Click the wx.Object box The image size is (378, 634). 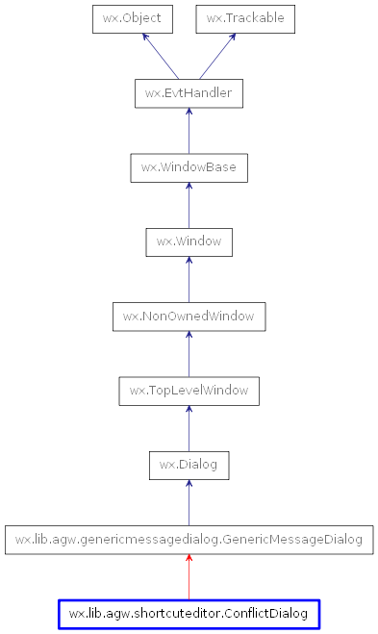pyautogui.click(x=133, y=18)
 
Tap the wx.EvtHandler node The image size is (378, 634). pyautogui.click(x=189, y=93)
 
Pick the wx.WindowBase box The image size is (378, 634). pyautogui.click(x=189, y=167)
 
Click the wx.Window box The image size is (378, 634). pyautogui.click(x=189, y=241)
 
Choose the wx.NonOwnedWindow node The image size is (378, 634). pyautogui.click(x=189, y=316)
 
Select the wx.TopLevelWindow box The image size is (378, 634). pyautogui.click(x=189, y=391)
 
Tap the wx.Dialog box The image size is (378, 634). pyautogui.click(x=189, y=465)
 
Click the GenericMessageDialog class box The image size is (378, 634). pyautogui.click(x=189, y=540)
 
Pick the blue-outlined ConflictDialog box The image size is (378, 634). pyautogui.click(x=189, y=614)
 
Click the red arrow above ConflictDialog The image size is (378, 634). pyautogui.click(x=189, y=577)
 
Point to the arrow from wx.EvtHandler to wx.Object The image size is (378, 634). pyautogui.click(x=160, y=56)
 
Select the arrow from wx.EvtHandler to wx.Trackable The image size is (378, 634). pyautogui.click(x=217, y=56)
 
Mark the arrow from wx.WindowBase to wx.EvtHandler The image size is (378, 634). pyautogui.click(x=189, y=131)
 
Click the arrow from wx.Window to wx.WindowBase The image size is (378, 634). pyautogui.click(x=189, y=205)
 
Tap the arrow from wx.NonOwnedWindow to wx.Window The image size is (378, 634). pyautogui.click(x=189, y=279)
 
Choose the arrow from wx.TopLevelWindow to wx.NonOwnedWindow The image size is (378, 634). pyautogui.click(x=189, y=353)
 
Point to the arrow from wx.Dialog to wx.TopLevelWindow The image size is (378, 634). pyautogui.click(x=189, y=428)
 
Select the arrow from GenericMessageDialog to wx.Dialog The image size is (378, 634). pyautogui.click(x=189, y=502)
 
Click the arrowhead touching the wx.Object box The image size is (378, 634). pyautogui.click(x=145, y=38)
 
